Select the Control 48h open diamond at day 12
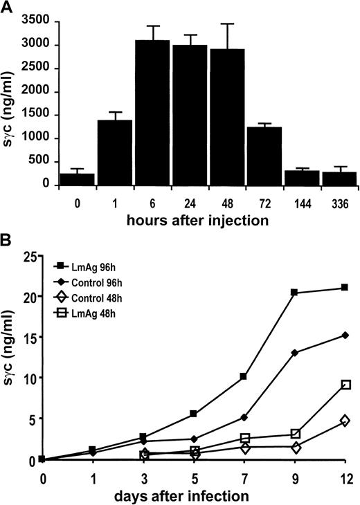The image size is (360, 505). [x=345, y=421]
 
